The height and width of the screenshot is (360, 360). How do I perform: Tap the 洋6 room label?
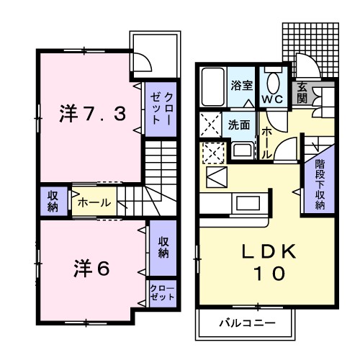point(91,268)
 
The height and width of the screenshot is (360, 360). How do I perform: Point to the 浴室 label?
point(240,86)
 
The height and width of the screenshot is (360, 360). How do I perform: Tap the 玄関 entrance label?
point(302,92)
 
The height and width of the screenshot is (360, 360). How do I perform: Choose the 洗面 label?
point(239,124)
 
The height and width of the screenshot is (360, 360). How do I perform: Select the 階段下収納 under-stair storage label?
point(320,184)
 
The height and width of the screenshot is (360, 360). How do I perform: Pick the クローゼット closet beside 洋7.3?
point(160,109)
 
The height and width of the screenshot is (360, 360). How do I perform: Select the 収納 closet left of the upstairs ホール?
point(53,201)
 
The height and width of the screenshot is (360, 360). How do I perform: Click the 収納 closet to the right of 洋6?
point(163,247)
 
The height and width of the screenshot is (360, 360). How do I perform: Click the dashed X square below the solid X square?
point(213,153)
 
